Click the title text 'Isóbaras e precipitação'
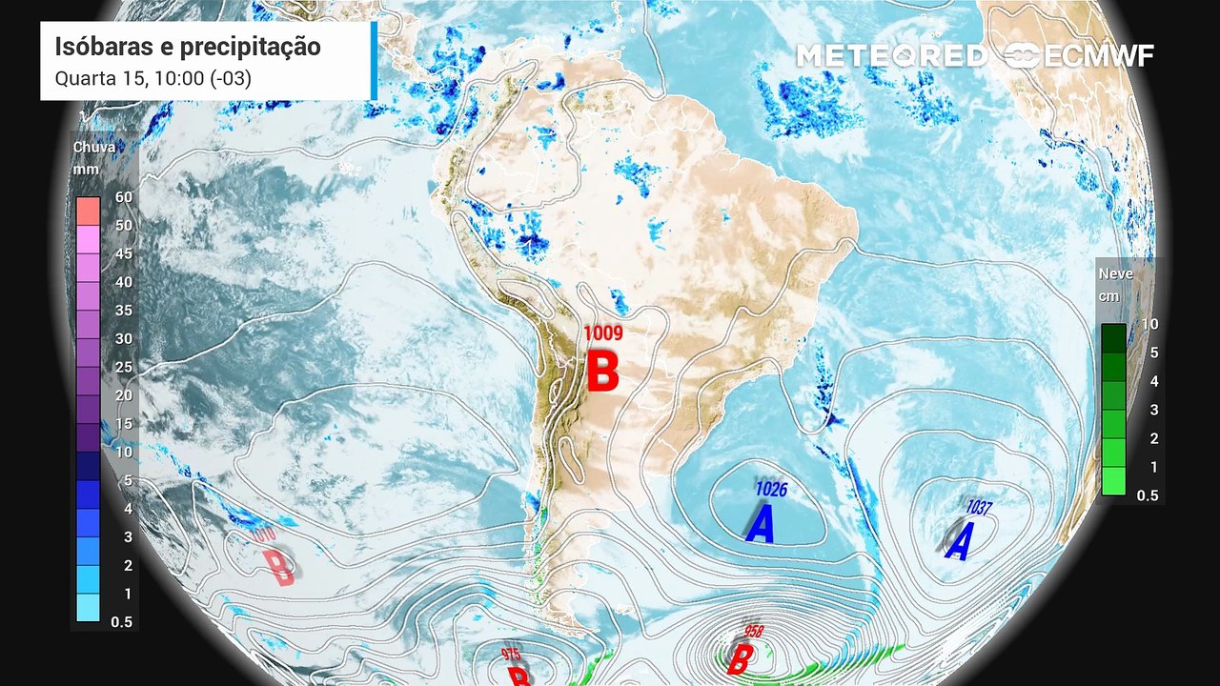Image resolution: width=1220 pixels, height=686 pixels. tap(188, 47)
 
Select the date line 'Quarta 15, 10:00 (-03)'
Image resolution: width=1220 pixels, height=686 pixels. tap(153, 78)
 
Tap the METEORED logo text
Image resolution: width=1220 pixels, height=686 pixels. tap(890, 56)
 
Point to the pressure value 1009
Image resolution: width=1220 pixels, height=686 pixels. tap(602, 333)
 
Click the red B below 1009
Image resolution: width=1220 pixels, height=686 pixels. tap(602, 371)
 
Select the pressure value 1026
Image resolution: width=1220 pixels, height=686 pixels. tap(770, 489)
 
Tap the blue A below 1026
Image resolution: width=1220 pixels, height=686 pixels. tap(761, 524)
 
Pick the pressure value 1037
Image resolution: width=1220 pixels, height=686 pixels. tap(979, 508)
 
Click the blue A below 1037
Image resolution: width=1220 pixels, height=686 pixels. tap(959, 542)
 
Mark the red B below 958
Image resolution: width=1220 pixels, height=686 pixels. tap(739, 659)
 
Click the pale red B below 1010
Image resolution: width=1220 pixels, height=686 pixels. tap(278, 568)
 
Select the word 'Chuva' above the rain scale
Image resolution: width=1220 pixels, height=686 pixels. tap(94, 148)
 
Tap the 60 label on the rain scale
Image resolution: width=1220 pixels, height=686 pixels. tap(123, 197)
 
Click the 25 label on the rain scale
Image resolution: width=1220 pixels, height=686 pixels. tap(123, 367)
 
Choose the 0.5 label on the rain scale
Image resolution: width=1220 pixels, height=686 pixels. tap(121, 621)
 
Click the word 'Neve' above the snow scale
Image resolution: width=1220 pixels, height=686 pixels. tap(1116, 274)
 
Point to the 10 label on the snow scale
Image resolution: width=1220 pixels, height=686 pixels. tap(1149, 324)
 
